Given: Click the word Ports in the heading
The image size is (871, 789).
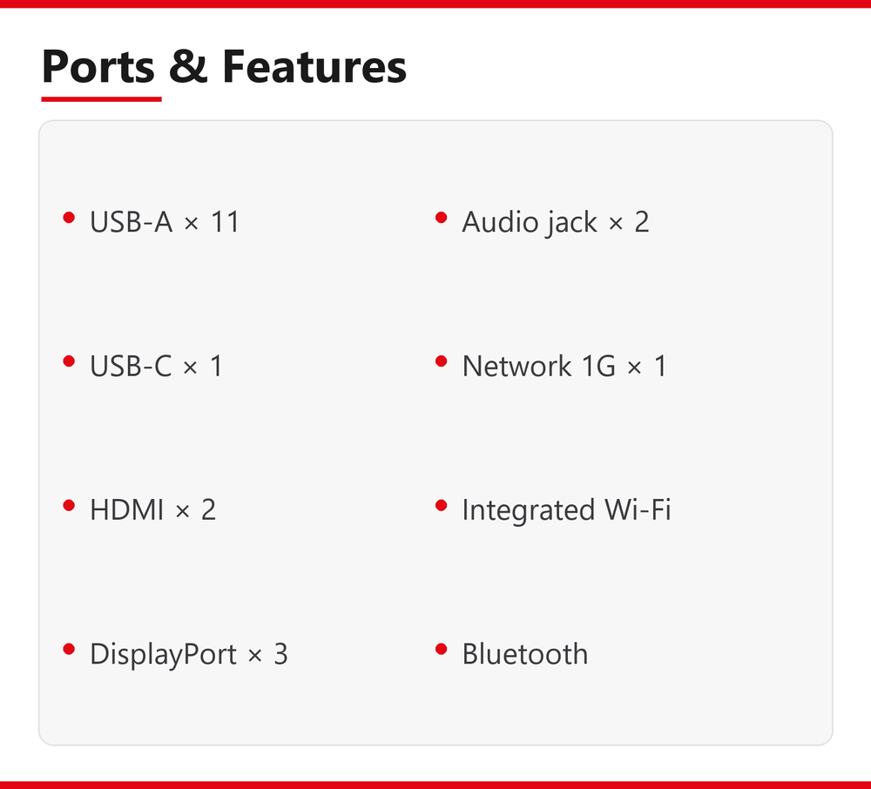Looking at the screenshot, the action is point(98,67).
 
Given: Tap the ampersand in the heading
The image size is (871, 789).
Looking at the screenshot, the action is point(188,66).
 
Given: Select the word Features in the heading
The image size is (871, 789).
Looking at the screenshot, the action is point(314,66).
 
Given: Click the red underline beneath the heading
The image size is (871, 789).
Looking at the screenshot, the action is point(101,98).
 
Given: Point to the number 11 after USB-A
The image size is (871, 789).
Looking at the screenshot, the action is point(225,221).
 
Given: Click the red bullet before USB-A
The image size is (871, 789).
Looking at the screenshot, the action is point(69,217).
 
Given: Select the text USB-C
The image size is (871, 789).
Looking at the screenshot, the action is point(131,366).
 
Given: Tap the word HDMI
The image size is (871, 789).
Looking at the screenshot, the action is point(126,509).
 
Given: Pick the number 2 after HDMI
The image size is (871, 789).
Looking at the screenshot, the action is point(208,509).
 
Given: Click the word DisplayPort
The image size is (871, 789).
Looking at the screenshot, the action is point(164,654).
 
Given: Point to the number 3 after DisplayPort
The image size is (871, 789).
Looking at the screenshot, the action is point(280,654).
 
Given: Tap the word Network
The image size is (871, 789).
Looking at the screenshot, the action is point(517,366).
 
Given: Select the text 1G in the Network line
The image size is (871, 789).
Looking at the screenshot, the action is point(598,366).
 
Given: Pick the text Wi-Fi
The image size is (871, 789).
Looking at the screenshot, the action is point(638,509).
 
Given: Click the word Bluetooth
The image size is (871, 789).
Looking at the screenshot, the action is point(525,653).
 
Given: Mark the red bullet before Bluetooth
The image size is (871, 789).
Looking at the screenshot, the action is point(442,649).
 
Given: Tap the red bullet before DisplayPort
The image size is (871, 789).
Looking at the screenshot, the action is point(69,649).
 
